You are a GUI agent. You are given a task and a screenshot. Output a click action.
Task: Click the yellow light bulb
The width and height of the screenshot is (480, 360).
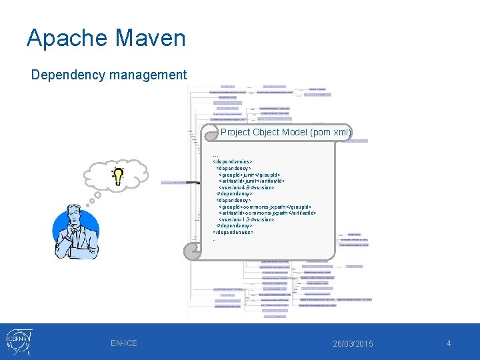click(118, 175)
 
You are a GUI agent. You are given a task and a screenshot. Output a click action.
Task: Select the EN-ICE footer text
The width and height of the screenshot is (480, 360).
click(124, 343)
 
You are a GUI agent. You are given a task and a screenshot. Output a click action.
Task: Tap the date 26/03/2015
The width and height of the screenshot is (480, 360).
click(353, 344)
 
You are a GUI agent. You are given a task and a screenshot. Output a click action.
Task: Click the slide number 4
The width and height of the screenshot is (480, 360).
click(449, 343)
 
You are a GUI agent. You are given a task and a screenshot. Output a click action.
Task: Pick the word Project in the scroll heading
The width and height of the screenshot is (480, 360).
click(235, 132)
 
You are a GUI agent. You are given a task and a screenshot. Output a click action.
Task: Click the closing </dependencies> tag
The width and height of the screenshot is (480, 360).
click(233, 232)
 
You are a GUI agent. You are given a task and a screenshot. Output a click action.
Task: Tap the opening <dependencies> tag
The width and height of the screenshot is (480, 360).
click(233, 161)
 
